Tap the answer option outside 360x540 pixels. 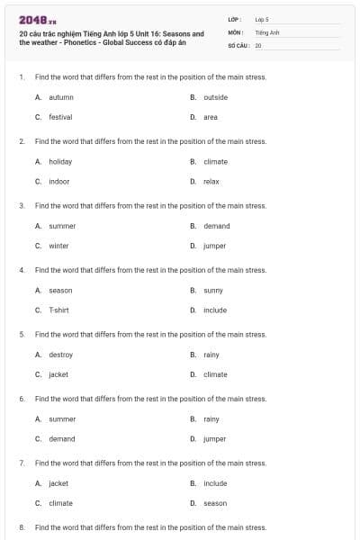point(215,97)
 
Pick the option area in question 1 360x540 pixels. point(210,117)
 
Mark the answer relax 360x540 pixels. point(211,181)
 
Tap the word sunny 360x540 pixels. point(212,291)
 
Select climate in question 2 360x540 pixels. point(215,162)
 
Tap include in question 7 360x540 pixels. point(215,483)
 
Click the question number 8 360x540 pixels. point(22,527)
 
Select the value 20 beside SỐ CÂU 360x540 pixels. point(258,45)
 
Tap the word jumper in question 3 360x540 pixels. point(214,246)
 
